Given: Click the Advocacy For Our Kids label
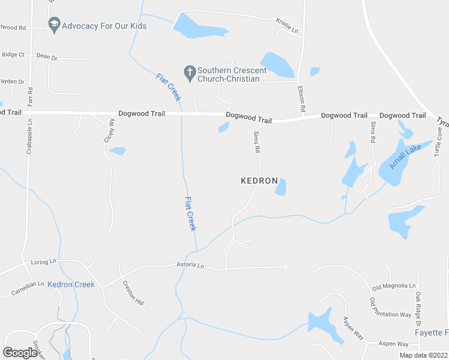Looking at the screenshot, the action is click(x=104, y=26).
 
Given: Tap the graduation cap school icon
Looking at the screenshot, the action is click(x=53, y=25).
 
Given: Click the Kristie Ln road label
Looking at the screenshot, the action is click(x=287, y=25).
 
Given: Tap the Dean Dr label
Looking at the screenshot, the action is click(x=46, y=57).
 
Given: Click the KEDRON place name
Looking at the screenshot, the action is click(x=259, y=181).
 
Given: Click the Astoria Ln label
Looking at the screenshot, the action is click(x=190, y=265).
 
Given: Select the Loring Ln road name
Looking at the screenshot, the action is click(x=43, y=262).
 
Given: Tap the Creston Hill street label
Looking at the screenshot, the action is click(x=133, y=293).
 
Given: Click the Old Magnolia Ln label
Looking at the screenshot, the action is click(x=394, y=286).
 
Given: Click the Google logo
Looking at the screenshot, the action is click(x=20, y=353).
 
